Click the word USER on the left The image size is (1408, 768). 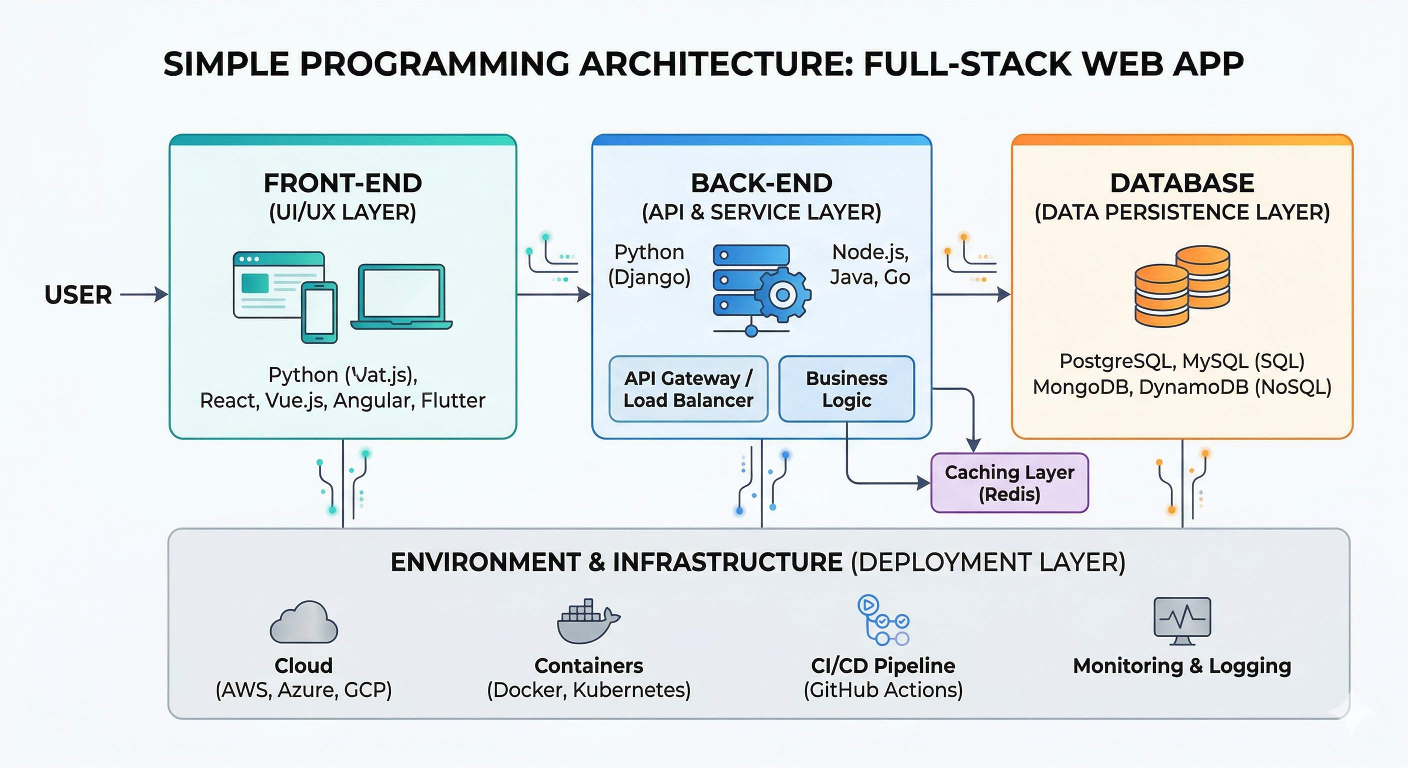(78, 295)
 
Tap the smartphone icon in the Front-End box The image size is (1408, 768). (319, 312)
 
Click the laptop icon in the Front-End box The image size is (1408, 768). (401, 297)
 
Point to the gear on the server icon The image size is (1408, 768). (782, 294)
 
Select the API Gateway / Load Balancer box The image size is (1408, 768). (688, 389)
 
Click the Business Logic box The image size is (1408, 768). (846, 389)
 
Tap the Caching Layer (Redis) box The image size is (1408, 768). (1009, 483)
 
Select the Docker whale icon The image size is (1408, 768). (587, 621)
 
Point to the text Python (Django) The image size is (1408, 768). (649, 264)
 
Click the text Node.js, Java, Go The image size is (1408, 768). (870, 264)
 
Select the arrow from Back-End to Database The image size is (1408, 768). (970, 294)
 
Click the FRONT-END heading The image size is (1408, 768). (342, 183)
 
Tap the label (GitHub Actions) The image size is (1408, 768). (882, 690)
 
